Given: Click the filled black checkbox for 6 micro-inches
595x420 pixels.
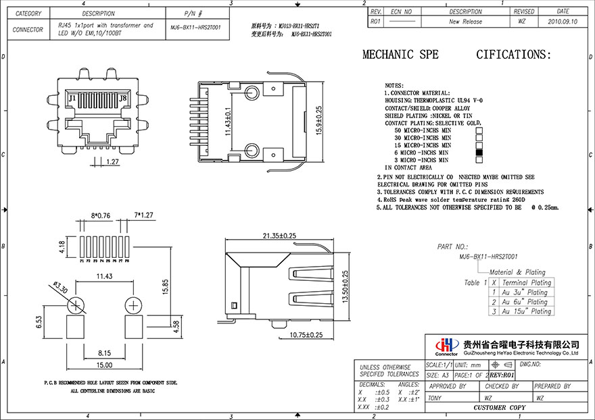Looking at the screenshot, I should point(479,153).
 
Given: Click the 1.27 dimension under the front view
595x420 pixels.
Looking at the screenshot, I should point(113,161).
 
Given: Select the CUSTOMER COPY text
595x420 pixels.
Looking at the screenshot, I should point(499,408).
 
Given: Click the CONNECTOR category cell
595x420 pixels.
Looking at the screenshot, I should point(28,30).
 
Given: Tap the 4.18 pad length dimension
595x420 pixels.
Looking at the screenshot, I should point(62,247).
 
